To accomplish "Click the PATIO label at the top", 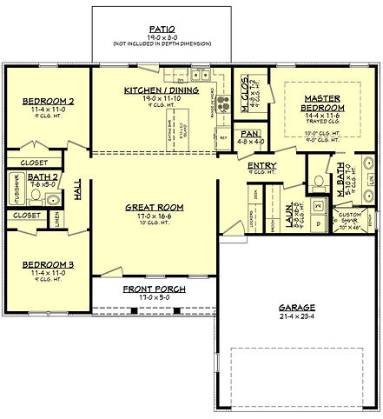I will coord(162,28).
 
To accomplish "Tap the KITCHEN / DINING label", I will coord(162,90).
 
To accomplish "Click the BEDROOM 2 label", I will coord(48,102).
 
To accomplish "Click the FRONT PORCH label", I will coord(151,289).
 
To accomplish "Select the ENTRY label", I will coord(261,165).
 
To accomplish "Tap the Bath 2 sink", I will coord(53,199).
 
